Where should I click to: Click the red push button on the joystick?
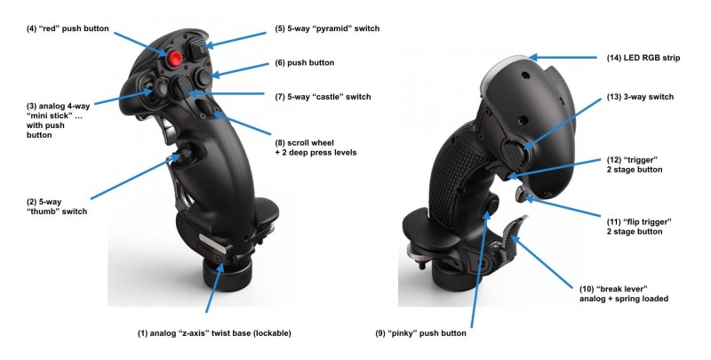tap(175, 58)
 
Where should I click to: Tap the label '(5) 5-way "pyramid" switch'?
tap(327, 28)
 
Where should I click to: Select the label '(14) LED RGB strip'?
tap(643, 58)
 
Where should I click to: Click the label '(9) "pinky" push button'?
tap(420, 333)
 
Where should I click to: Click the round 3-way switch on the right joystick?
tap(515, 153)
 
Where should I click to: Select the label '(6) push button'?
tap(304, 62)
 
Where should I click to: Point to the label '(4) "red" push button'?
tap(68, 28)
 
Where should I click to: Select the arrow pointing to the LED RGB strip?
tap(563, 58)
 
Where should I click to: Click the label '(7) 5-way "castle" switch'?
tap(323, 97)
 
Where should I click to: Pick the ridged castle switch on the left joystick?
tap(180, 86)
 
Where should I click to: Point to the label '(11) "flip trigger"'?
tap(639, 222)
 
